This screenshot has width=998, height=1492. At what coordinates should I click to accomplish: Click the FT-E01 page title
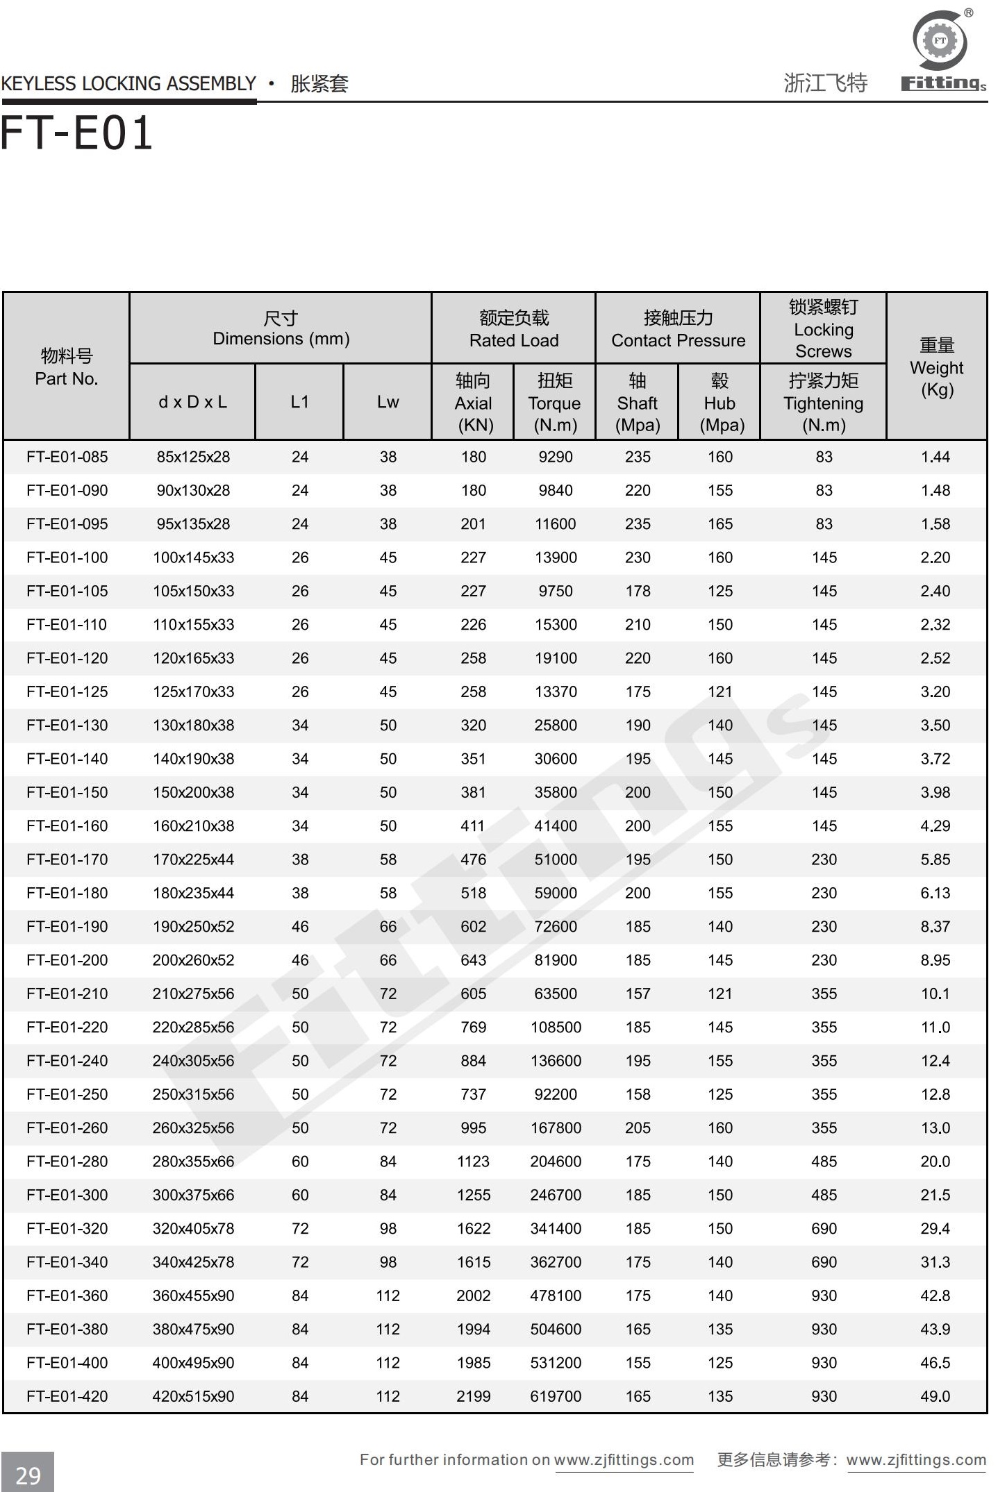pos(76,133)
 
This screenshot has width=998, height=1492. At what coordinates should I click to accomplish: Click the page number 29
pos(28,1475)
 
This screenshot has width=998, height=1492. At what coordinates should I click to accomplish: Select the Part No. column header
pos(67,367)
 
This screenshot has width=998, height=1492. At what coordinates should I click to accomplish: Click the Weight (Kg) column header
pos(936,367)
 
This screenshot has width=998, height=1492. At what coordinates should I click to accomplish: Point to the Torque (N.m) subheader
pos(554,403)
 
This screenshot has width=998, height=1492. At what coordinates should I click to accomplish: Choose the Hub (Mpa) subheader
pos(720,403)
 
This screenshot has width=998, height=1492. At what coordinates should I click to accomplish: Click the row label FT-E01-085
pos(67,457)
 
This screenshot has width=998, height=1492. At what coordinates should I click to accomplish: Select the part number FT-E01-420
pos(67,1396)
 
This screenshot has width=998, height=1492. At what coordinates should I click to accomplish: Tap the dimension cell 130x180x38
pos(193,726)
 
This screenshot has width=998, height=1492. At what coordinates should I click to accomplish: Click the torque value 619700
pos(556,1396)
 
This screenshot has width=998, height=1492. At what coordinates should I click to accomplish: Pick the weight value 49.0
pos(935,1396)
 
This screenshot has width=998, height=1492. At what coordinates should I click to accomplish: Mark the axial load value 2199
pos(474,1396)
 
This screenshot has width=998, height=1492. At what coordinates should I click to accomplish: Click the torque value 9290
pos(556,457)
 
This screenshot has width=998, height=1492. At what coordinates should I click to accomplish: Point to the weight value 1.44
pos(935,457)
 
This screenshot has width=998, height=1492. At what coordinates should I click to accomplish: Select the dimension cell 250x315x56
pos(193,1094)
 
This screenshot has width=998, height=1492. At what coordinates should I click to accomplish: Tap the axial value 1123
pos(474,1162)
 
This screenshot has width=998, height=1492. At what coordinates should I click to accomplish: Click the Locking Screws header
pos(823,329)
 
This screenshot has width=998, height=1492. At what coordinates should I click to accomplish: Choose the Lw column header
pos(388,402)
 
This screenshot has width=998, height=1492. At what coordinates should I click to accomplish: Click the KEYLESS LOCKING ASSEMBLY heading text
pos(128,84)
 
